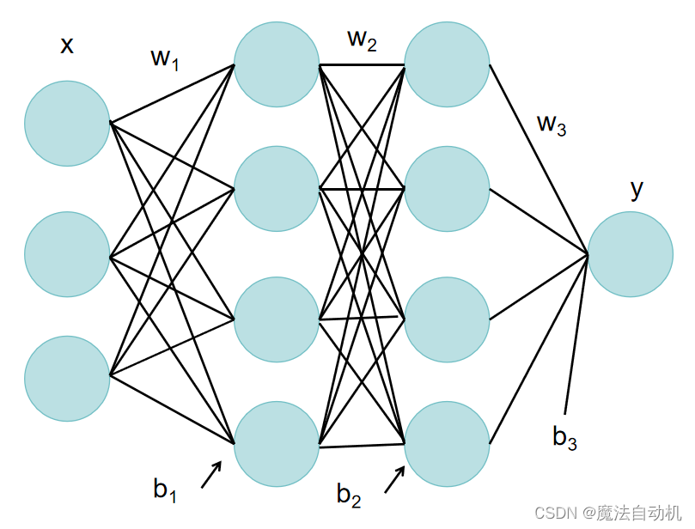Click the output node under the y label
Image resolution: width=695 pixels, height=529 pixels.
(x=631, y=254)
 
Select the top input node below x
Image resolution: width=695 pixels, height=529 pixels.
(x=67, y=123)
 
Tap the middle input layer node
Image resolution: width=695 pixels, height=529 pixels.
(x=67, y=254)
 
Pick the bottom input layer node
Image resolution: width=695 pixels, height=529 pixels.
(x=67, y=378)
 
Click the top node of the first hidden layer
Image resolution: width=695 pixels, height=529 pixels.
(x=276, y=64)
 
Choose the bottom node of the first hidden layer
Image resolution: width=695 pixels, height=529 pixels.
(x=276, y=445)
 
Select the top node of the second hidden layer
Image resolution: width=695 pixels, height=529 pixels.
(x=447, y=64)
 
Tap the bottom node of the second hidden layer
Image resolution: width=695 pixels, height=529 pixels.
(x=447, y=445)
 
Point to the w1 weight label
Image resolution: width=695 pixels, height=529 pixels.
(x=164, y=59)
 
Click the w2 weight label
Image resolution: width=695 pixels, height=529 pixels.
(x=362, y=40)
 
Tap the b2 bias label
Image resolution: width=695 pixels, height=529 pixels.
(x=349, y=495)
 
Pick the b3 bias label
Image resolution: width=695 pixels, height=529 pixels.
(x=564, y=438)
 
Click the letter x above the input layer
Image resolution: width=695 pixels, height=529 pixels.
(x=66, y=45)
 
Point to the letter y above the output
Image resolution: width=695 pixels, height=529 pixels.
(x=636, y=188)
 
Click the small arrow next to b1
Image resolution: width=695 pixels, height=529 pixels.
(x=211, y=475)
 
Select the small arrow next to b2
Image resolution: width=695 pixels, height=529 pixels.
(x=394, y=480)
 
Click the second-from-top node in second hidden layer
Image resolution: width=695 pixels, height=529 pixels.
(x=447, y=189)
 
